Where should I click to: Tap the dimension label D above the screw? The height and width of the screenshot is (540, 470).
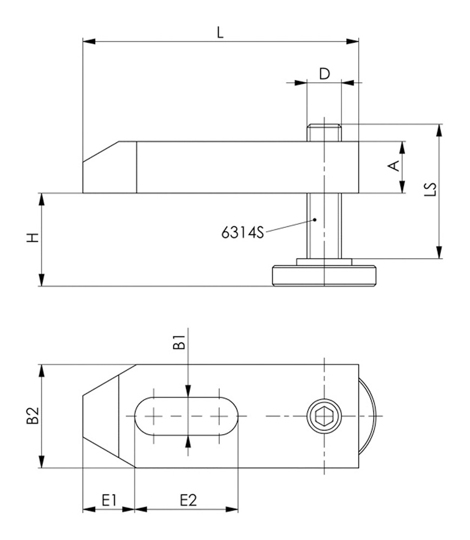tap(324, 74)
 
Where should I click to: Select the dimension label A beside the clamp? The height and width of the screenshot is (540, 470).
tap(395, 166)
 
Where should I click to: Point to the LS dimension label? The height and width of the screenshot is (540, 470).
tap(431, 190)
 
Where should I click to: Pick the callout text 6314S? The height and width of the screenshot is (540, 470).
tap(241, 233)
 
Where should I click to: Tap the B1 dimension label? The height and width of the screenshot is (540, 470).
tap(179, 343)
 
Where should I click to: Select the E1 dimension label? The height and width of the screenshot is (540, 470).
tap(110, 500)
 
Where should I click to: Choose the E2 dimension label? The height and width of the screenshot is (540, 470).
tap(187, 500)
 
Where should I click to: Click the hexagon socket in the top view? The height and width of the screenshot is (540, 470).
tap(324, 416)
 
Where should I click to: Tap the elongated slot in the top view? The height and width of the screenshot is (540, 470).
tap(186, 416)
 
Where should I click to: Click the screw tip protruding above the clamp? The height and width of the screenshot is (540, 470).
tap(324, 133)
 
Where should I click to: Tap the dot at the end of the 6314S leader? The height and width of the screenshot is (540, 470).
tap(315, 219)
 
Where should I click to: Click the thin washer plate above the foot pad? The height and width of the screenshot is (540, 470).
tap(324, 262)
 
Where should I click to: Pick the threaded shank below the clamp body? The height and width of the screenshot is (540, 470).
tap(324, 226)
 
